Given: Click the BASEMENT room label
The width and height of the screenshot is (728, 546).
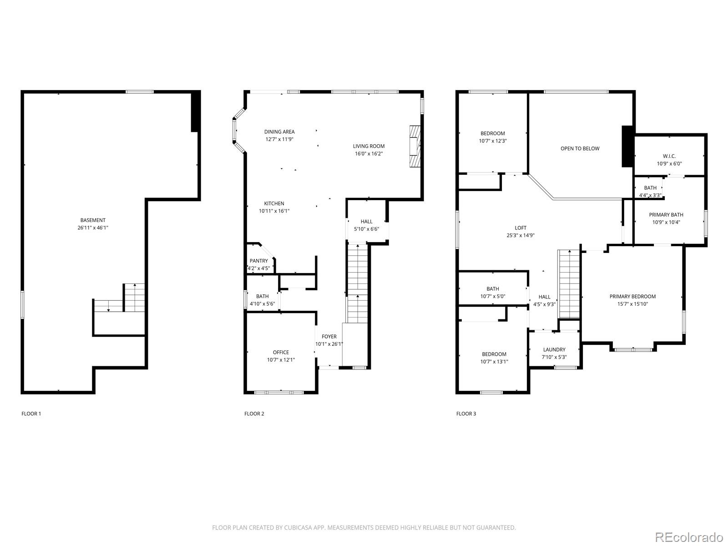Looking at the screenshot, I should point(93,220).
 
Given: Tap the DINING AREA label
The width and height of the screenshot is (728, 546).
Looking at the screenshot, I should point(279,132).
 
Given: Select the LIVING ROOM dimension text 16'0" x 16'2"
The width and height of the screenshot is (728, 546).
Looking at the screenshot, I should point(369,154).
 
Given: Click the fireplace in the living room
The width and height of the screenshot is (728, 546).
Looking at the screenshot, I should point(415,147).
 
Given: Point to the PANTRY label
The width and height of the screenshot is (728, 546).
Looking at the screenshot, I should point(258,261).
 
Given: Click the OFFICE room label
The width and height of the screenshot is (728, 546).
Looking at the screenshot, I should point(281,352).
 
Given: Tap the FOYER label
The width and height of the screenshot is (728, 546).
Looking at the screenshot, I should point(329,337).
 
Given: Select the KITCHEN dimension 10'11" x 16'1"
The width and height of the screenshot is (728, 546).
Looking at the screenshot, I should point(274,211).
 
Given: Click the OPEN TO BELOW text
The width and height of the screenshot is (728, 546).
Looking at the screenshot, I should point(580,148).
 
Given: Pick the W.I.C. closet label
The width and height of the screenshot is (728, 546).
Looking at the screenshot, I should point(669,156).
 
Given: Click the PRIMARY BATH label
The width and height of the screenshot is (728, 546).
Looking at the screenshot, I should point(666,215).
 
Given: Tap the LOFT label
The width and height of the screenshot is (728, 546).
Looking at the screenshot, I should point(521,228).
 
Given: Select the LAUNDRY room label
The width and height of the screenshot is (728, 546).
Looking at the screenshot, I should point(554,349).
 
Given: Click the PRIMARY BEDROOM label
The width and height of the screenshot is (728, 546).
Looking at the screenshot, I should point(632,297).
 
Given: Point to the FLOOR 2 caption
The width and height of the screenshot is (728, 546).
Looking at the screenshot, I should point(254,414).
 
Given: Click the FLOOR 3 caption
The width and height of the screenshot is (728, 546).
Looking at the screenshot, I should point(466,414).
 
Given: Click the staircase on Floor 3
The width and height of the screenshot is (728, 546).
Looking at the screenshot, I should point(569,284).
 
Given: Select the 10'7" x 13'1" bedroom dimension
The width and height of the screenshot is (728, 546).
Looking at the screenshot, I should point(494,362).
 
